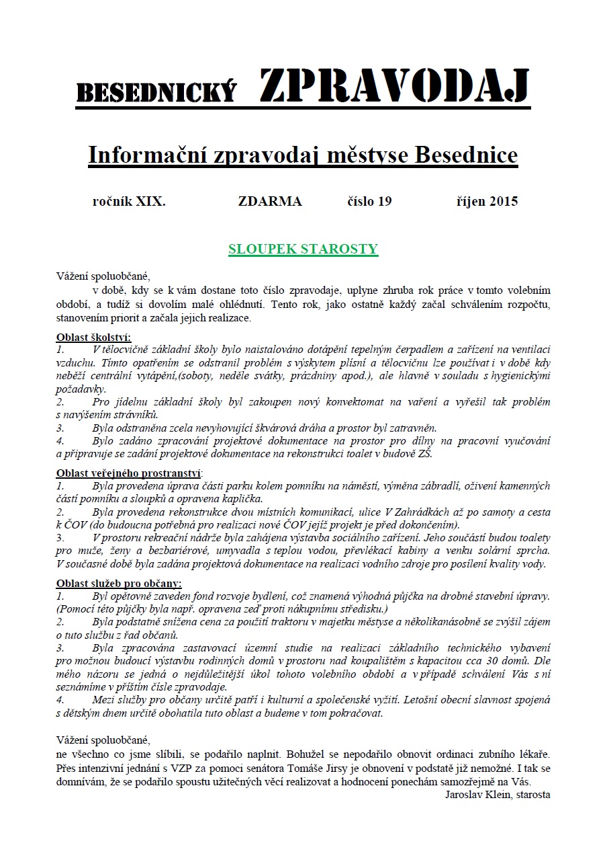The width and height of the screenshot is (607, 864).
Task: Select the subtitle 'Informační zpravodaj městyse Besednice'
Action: pyautogui.click(x=303, y=155)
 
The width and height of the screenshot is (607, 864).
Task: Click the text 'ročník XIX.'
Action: pyautogui.click(x=128, y=201)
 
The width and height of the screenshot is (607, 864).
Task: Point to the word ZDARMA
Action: pyautogui.click(x=270, y=201)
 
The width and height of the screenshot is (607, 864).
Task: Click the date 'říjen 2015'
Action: pyautogui.click(x=486, y=201)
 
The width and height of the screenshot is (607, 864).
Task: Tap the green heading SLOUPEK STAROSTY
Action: pyautogui.click(x=303, y=249)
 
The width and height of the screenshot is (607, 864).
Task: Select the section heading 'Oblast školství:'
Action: pyautogui.click(x=93, y=338)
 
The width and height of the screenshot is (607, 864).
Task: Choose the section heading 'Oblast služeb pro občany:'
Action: pyautogui.click(x=119, y=583)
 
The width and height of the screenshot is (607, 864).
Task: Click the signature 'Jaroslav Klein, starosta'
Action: pyautogui.click(x=498, y=794)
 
